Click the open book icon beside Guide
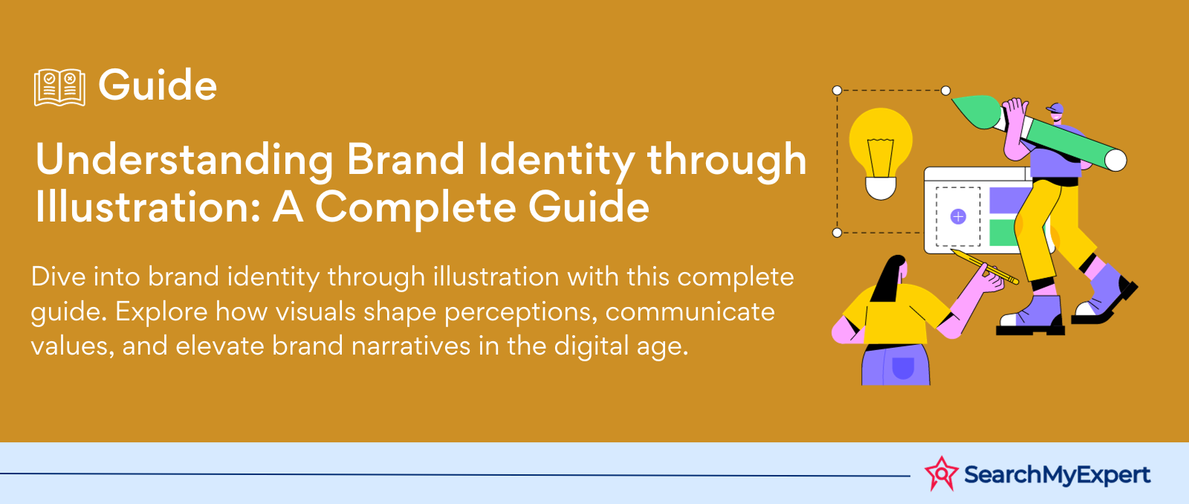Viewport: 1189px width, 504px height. tap(59, 87)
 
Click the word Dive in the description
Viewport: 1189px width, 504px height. tap(59, 277)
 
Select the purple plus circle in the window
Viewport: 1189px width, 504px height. tap(958, 216)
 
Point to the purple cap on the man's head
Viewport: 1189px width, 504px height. tap(1056, 109)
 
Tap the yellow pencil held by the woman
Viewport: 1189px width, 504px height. tap(985, 267)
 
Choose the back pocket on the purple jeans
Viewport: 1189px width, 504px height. tap(903, 368)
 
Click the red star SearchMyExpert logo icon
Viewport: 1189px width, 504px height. tap(941, 474)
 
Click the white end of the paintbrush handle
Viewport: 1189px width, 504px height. tap(1115, 161)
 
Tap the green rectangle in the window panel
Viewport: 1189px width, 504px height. tap(1003, 233)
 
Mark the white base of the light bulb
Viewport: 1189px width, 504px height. tap(881, 189)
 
